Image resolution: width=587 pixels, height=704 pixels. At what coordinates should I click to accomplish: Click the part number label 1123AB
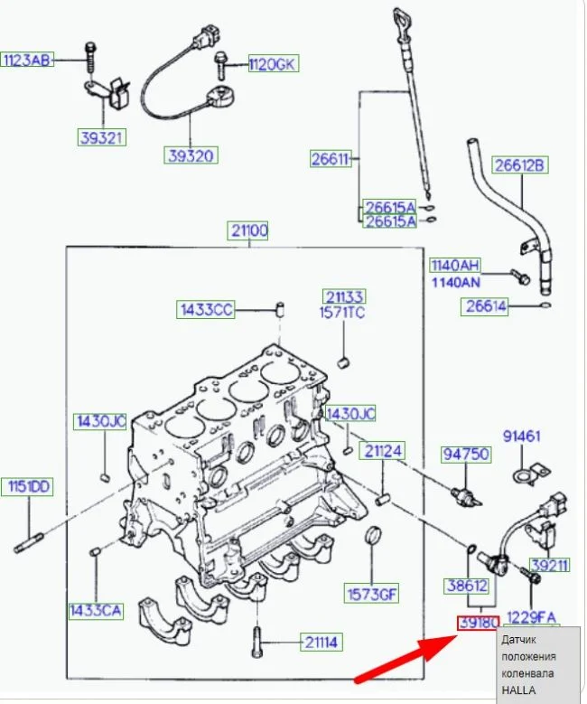28,61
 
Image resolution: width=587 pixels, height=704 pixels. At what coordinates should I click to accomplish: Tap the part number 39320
191,155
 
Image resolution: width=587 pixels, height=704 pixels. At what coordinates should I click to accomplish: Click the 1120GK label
274,64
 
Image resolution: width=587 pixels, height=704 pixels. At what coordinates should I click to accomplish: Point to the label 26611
330,160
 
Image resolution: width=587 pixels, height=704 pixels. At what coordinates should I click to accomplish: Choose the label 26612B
519,164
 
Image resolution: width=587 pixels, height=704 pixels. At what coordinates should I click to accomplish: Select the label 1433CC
205,310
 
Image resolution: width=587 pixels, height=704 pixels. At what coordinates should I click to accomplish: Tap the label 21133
344,296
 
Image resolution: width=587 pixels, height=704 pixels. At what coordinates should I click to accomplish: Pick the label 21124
383,450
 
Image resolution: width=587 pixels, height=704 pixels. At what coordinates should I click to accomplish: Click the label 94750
464,454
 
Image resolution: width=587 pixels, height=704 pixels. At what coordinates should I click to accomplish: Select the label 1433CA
95,610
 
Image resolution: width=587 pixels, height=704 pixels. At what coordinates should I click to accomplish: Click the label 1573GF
371,594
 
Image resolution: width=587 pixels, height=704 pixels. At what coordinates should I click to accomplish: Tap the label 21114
321,643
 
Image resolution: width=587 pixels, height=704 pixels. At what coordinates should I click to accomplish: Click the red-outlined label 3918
480,622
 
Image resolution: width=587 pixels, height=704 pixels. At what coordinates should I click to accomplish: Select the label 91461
521,436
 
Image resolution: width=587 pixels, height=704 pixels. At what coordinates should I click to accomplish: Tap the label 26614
486,306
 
